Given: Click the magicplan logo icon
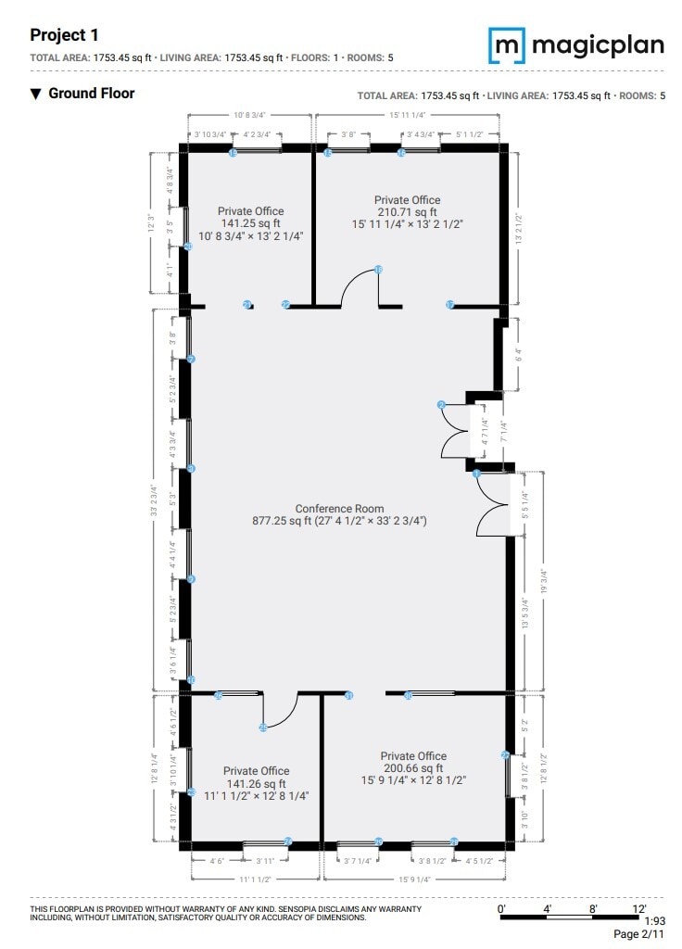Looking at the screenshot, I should pyautogui.click(x=507, y=44).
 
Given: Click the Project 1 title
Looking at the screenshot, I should pyautogui.click(x=64, y=35).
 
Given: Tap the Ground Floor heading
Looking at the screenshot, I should pyautogui.click(x=91, y=93).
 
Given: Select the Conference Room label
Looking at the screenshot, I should pyautogui.click(x=339, y=509).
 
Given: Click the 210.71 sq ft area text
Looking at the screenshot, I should pyautogui.click(x=407, y=212).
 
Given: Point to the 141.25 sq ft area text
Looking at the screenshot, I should pyautogui.click(x=250, y=223).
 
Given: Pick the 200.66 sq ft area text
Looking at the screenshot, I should pyautogui.click(x=413, y=768).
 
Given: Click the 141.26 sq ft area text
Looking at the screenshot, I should pyautogui.click(x=256, y=783).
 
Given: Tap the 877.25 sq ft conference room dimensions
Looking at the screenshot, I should pyautogui.click(x=339, y=521).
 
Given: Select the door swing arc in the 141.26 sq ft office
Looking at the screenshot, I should pyautogui.click(x=281, y=714).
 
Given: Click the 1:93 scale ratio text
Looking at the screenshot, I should pyautogui.click(x=654, y=920).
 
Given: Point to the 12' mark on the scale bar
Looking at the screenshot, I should pyautogui.click(x=638, y=909).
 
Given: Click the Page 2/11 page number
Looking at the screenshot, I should pyautogui.click(x=639, y=934).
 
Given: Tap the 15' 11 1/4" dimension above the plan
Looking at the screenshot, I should pyautogui.click(x=408, y=115).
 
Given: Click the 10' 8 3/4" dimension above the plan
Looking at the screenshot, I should pyautogui.click(x=250, y=115).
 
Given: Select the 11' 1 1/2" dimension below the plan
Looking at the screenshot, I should pyautogui.click(x=254, y=879).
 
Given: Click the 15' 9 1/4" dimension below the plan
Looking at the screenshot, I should pyautogui.click(x=414, y=879).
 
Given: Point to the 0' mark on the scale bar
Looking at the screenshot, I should pyautogui.click(x=501, y=909).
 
